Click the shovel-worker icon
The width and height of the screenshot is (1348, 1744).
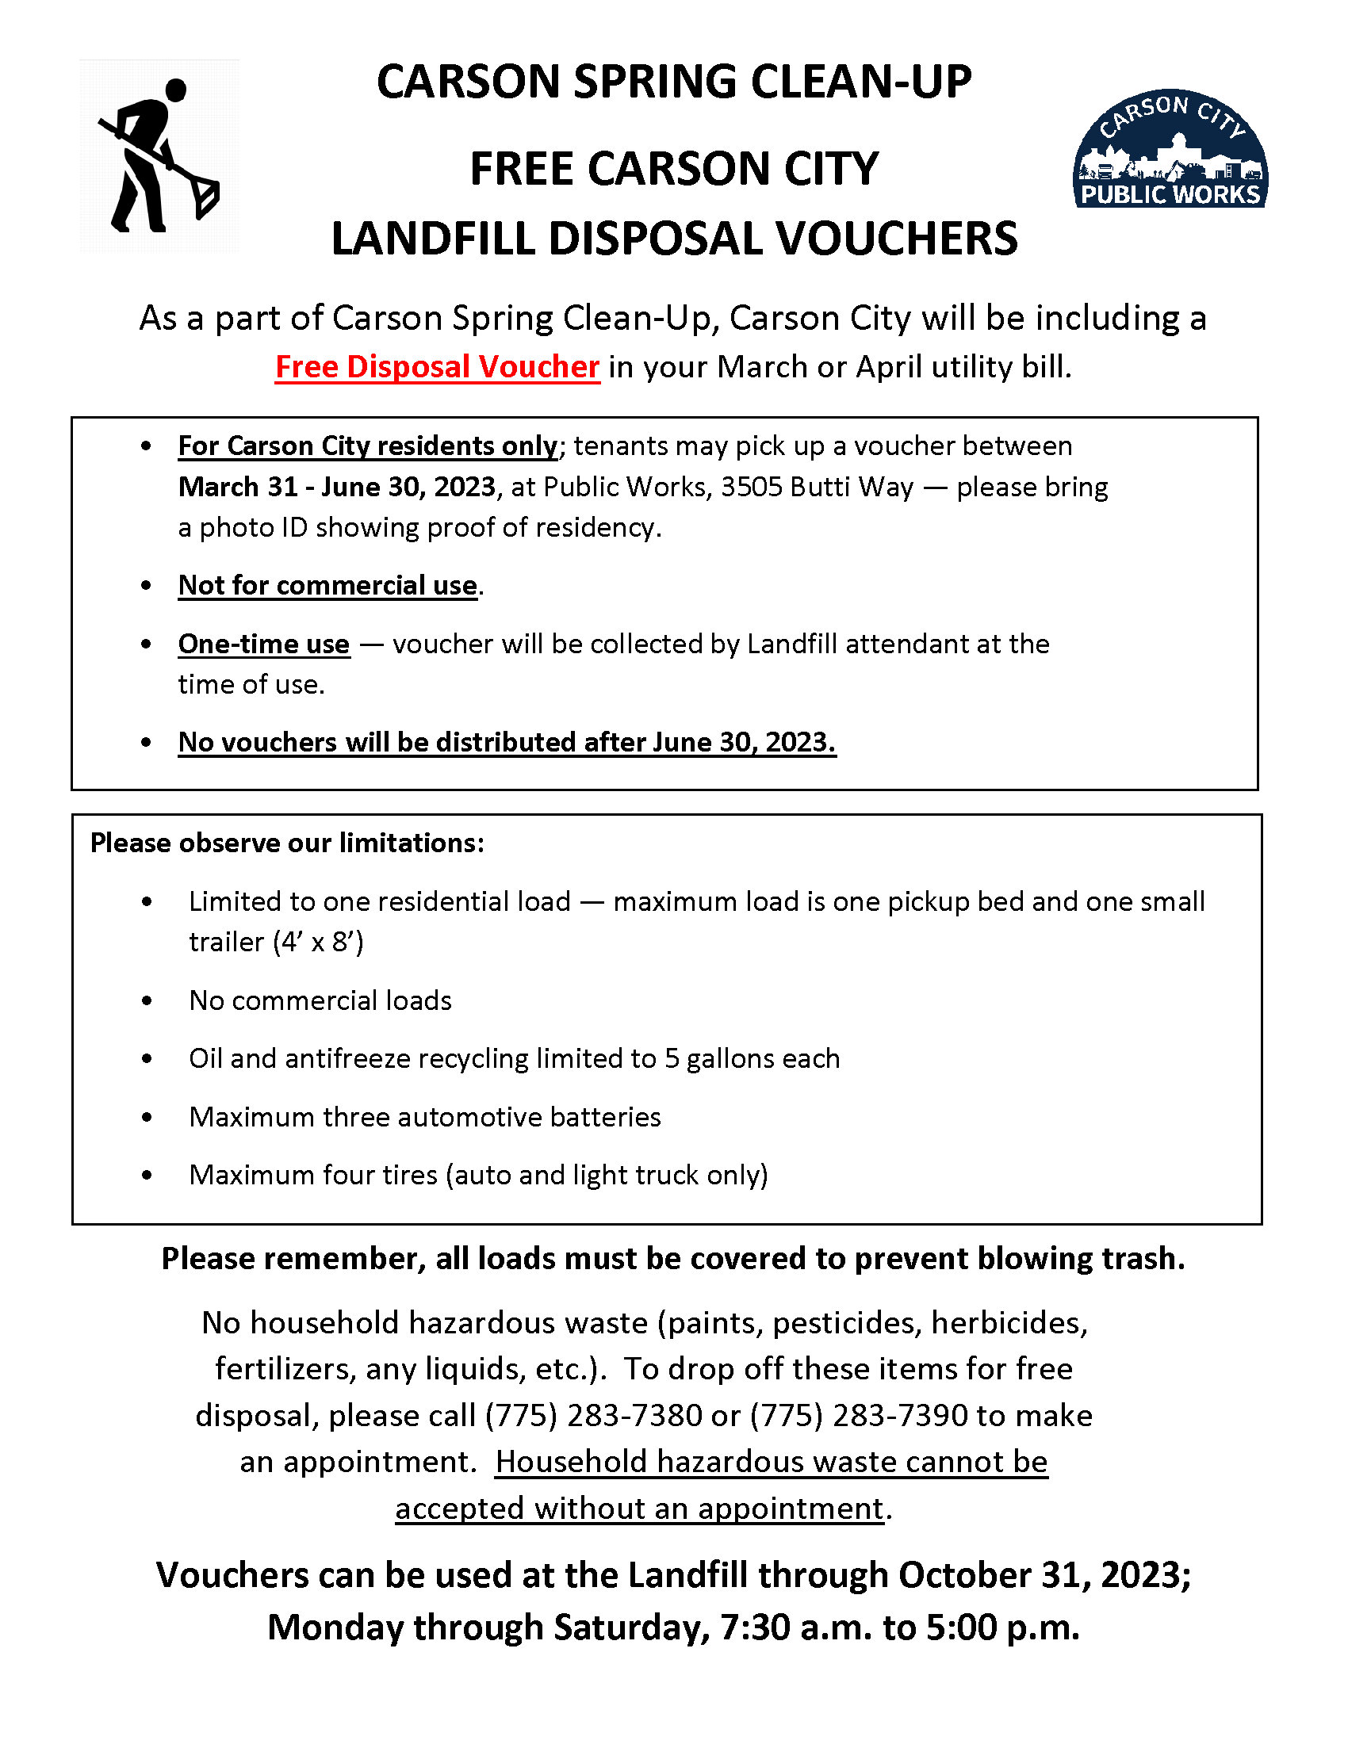[x=158, y=155]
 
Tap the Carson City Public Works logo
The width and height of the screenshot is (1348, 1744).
[x=1170, y=149]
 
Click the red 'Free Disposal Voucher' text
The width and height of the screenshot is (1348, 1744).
[x=437, y=367]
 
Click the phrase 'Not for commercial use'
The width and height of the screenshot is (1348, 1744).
[x=327, y=585]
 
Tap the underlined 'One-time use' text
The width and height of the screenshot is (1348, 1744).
[x=263, y=644]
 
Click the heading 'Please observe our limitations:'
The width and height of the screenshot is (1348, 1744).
[x=288, y=843]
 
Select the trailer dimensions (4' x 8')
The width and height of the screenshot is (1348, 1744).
[x=318, y=943]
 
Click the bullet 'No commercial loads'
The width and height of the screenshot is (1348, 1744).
[x=320, y=1000]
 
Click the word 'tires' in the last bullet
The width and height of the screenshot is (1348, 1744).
[x=410, y=1176]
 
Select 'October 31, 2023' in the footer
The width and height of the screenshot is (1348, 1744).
[x=1043, y=1575]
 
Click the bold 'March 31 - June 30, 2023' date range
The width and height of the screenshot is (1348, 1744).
[x=337, y=487]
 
